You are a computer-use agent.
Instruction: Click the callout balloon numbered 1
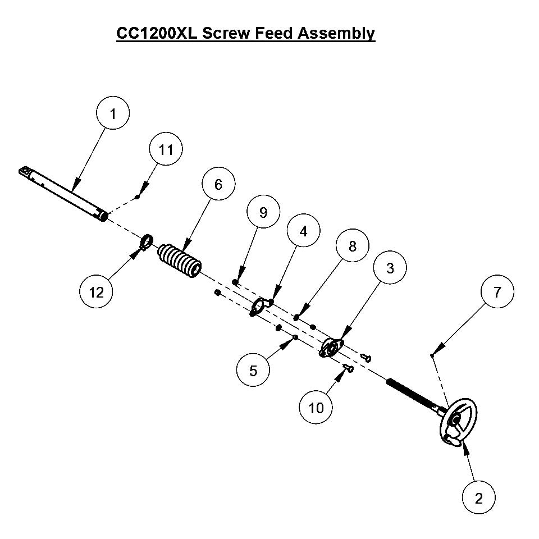point(113,114)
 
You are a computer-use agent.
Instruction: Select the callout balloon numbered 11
point(166,150)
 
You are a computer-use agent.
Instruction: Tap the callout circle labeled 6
point(218,185)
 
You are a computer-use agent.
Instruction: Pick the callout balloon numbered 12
point(96,293)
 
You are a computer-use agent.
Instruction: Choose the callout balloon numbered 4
point(303,231)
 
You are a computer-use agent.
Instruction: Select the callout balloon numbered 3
point(390,268)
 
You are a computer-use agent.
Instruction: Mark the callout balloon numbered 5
point(253,371)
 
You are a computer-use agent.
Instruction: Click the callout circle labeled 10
point(317,408)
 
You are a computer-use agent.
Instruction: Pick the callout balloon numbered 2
point(479,498)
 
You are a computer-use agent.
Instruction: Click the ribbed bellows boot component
point(180,260)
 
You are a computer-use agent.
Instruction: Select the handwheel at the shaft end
point(459,422)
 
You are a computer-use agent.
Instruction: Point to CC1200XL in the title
point(157,33)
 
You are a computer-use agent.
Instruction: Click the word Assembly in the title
point(336,33)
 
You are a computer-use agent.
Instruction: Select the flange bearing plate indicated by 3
point(331,348)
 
